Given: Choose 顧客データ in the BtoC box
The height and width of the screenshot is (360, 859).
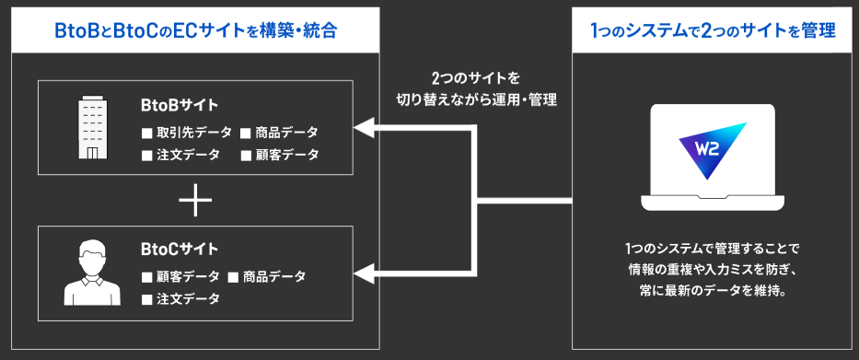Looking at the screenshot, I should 187,275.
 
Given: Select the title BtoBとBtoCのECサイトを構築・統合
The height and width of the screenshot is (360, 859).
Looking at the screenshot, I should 195,30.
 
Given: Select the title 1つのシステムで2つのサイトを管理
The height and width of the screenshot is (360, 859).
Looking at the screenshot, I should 714,30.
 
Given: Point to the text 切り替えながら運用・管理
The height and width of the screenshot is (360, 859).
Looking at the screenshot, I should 474,99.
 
